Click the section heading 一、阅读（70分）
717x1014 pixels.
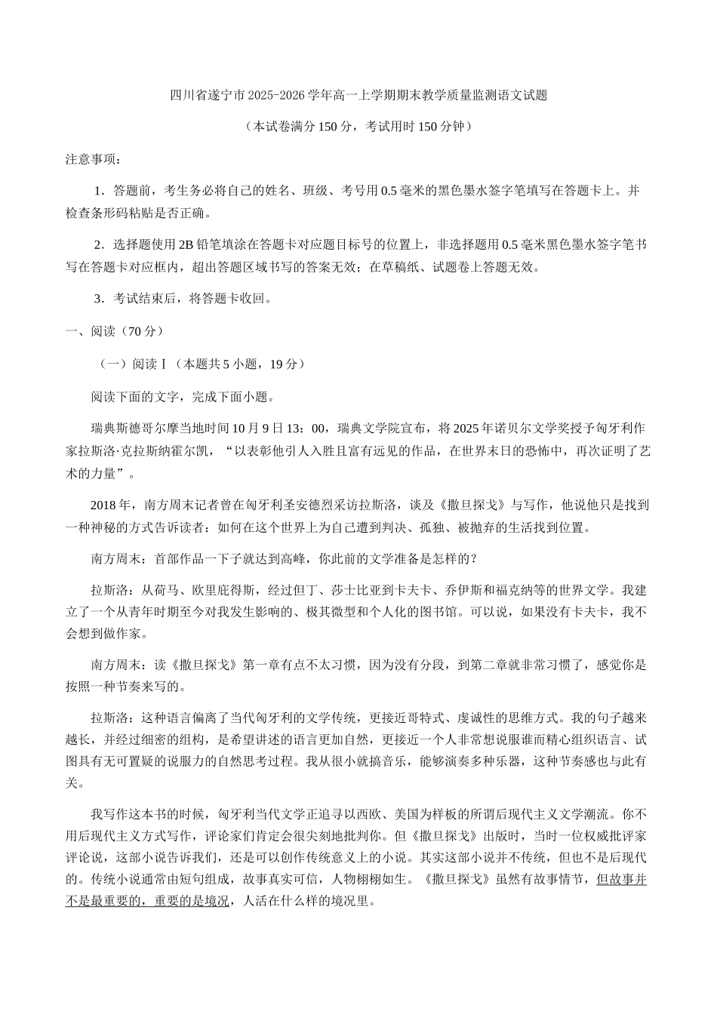click(x=115, y=331)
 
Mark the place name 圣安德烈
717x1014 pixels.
click(x=340, y=505)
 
